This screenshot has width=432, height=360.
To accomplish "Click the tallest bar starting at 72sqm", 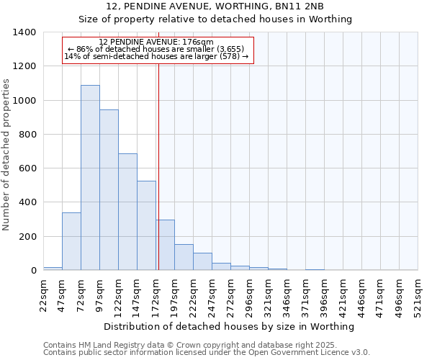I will point(90,178).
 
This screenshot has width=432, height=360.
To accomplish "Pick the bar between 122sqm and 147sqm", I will point(127,212).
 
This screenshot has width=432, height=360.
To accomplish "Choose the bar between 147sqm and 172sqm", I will point(146,225).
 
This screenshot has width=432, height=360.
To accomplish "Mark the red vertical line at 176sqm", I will point(158,166).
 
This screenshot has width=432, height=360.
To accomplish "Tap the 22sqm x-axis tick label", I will point(44,295).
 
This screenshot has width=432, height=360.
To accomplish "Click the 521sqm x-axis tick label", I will point(418,295).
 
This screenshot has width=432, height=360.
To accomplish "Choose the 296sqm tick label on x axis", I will point(250,295).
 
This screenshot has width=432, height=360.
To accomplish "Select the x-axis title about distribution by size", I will point(230,327).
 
